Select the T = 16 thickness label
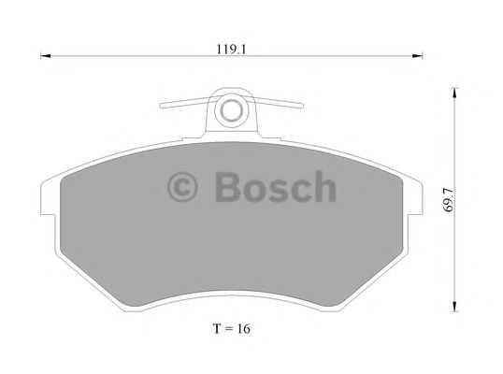(231, 329)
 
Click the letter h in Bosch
(323, 187)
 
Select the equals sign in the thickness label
(227, 329)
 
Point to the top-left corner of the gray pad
(62, 177)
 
